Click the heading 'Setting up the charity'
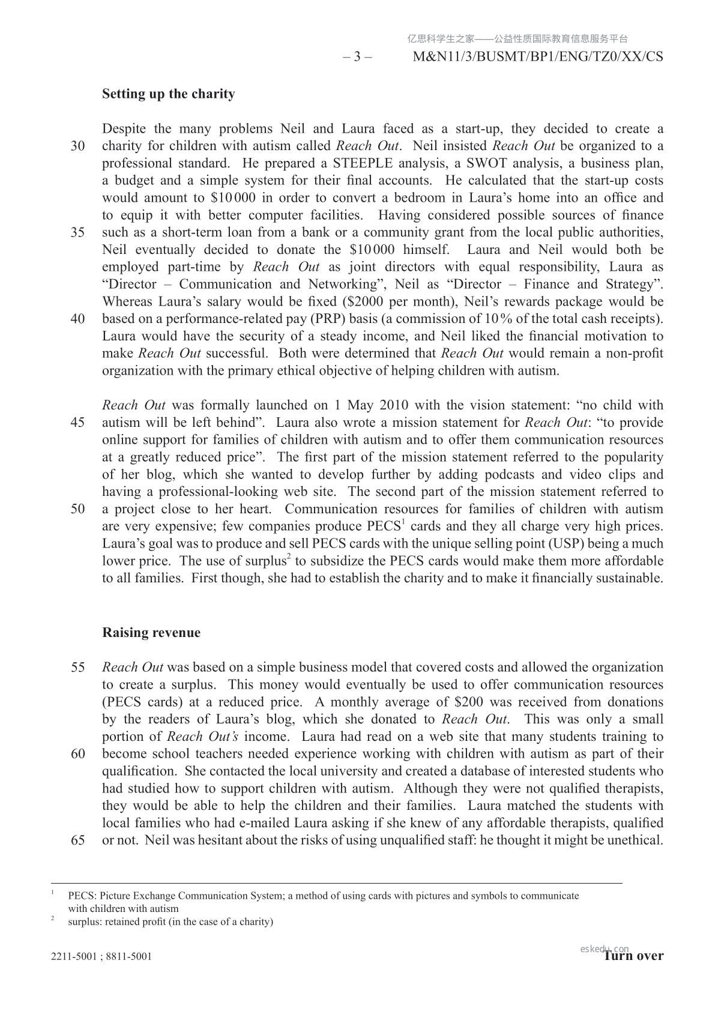point(168,94)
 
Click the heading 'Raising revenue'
point(151,633)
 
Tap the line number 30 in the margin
point(77,146)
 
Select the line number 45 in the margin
point(77,423)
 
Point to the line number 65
point(77,840)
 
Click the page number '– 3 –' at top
point(357,57)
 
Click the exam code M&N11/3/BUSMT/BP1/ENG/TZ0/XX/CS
point(539,57)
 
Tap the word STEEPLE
point(364,163)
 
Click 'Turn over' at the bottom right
point(634,956)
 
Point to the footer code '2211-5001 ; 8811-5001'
point(101,956)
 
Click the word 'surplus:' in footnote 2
point(85,922)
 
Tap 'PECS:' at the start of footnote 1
point(81,896)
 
